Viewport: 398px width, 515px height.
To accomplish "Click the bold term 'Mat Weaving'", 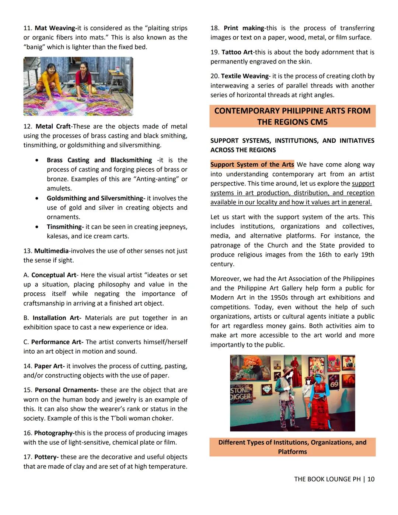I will pos(55,28).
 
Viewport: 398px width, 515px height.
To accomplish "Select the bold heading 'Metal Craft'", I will pos(53,126).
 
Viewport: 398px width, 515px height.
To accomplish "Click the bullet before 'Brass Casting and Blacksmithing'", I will pos(37,160).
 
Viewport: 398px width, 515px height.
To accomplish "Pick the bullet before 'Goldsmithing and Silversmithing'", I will pos(37,198).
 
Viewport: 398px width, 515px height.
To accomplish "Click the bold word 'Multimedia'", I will pos(51,251).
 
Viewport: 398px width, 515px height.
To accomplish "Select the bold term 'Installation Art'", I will pos(56,318).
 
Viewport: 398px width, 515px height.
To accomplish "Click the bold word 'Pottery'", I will pos(46,457).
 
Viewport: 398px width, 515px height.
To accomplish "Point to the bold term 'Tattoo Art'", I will pos(237,52).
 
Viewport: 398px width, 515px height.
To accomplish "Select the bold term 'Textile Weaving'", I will pos(245,76).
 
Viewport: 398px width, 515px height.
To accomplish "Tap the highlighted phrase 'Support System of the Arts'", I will pos(252,165).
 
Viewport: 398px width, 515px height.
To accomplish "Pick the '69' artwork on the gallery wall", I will pos(334,384).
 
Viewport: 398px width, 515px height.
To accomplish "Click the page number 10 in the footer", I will pos(371,479).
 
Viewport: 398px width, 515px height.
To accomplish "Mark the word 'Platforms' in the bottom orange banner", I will pos(292,452).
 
